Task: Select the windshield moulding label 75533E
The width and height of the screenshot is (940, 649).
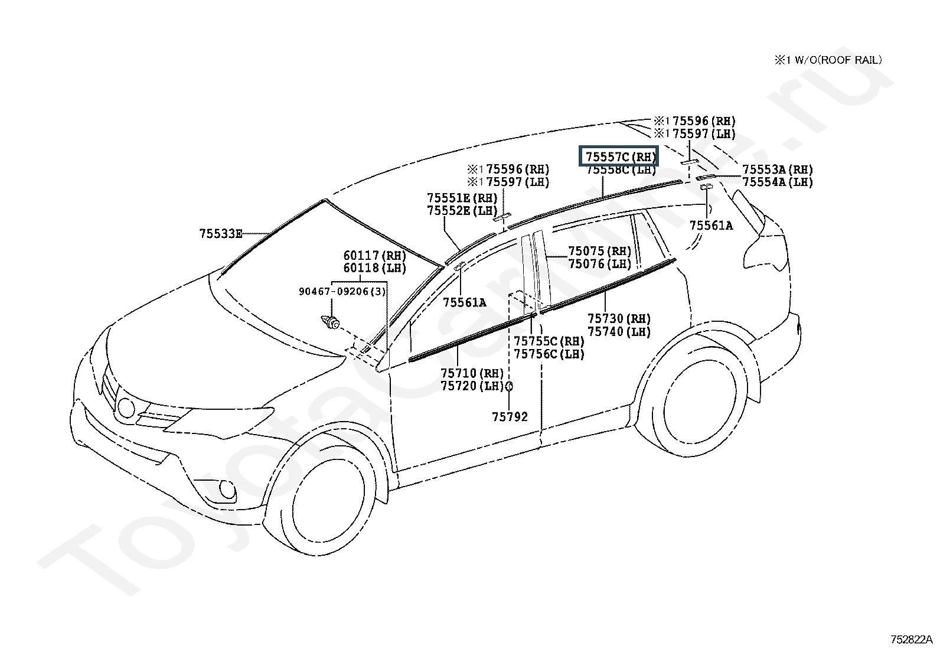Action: pos(221,234)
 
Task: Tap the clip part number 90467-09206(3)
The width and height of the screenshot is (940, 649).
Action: pos(342,291)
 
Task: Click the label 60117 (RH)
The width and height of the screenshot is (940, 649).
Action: pos(375,255)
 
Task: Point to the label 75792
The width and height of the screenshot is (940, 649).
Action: pos(510,417)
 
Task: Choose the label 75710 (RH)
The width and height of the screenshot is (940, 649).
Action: pos(472,373)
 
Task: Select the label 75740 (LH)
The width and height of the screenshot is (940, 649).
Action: pos(619,332)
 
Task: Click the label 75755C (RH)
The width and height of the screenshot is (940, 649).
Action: pos(549,341)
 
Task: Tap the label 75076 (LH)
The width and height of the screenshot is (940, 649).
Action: pos(600,263)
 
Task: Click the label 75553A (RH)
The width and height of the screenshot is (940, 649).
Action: pos(778,169)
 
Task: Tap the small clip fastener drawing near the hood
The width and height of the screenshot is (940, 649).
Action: pos(330,322)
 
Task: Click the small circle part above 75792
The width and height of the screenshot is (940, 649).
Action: pos(509,386)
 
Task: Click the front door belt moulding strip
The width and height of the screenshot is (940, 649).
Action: pos(473,337)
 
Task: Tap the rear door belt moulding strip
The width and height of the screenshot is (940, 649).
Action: pos(608,286)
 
